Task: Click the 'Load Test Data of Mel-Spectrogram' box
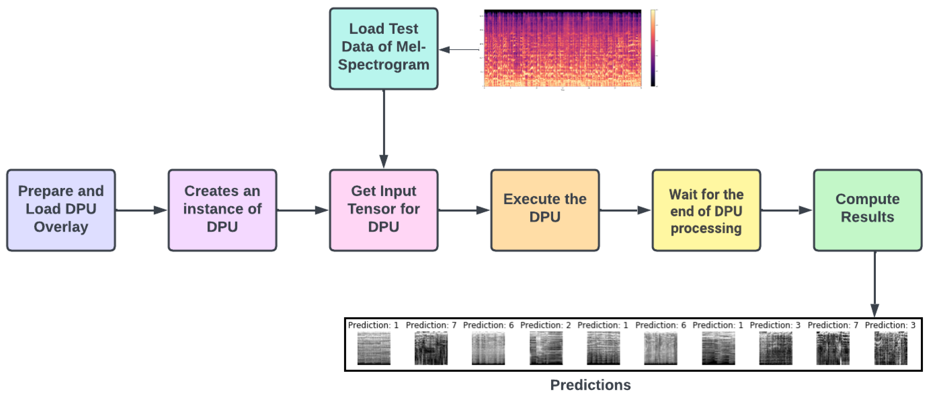click(383, 49)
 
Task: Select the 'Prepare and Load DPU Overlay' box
click(61, 210)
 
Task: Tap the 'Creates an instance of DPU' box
click(222, 210)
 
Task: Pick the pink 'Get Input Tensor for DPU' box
click(383, 210)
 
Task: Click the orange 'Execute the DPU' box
click(545, 210)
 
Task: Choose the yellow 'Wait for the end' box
click(706, 210)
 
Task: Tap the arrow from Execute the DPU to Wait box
click(625, 210)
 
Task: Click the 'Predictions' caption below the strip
click(590, 385)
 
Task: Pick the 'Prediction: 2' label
click(545, 325)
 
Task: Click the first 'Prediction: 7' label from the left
click(431, 325)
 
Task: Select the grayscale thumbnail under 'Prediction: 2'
click(546, 348)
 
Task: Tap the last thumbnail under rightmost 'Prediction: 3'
click(890, 348)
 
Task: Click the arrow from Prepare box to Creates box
click(141, 210)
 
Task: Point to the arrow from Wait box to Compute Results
click(786, 210)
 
